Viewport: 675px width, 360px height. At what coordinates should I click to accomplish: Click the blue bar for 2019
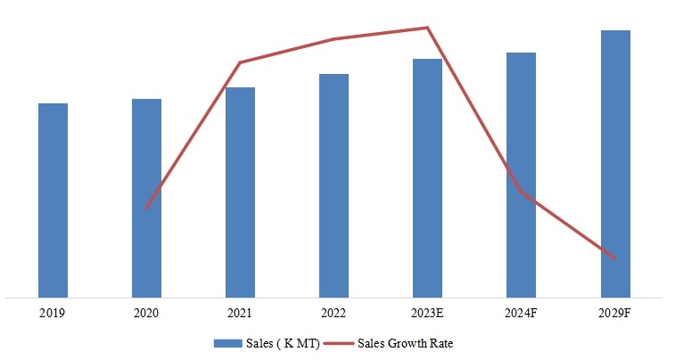point(53,200)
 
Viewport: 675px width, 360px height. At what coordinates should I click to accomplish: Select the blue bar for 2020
point(146,197)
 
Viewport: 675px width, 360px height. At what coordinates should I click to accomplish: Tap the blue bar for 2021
point(240,192)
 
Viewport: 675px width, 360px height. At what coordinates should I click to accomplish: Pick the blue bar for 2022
point(333,184)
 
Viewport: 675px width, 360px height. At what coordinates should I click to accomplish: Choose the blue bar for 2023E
point(427,177)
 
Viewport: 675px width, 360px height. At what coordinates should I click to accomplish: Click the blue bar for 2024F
point(521,174)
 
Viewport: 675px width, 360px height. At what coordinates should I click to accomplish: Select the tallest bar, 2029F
point(615,163)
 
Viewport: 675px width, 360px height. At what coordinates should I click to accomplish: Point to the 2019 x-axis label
point(53,313)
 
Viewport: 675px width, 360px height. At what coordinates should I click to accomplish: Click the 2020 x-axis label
point(146,313)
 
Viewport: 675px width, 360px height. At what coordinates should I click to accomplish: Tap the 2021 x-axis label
point(240,313)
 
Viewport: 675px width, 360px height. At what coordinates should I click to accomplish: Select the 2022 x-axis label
point(333,313)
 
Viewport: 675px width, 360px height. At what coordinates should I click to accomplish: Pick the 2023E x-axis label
point(427,313)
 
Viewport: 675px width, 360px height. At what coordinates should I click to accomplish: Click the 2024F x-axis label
point(521,313)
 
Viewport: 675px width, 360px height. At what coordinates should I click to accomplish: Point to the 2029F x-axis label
point(615,313)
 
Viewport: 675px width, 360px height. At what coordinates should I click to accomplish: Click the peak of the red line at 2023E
point(427,28)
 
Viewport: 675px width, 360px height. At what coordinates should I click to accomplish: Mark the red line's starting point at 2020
point(146,209)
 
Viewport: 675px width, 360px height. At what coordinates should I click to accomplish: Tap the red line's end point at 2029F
point(615,258)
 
